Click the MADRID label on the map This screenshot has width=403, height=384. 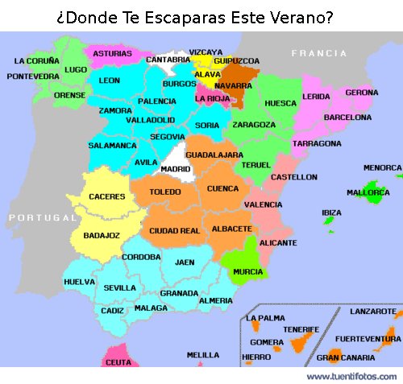pyautogui.click(x=175, y=169)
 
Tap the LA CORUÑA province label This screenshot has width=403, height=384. pyautogui.click(x=37, y=60)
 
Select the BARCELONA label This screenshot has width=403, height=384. pyautogui.click(x=347, y=118)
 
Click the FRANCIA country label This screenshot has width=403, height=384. pyautogui.click(x=319, y=53)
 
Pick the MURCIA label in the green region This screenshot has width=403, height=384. pyautogui.click(x=247, y=272)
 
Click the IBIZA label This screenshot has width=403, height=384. pyautogui.click(x=331, y=213)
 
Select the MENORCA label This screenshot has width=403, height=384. pyautogui.click(x=382, y=167)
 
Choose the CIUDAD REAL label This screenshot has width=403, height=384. pyautogui.click(x=174, y=231)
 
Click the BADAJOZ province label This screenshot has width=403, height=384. pyautogui.click(x=102, y=235)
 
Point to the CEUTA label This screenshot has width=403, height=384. pyautogui.click(x=118, y=362)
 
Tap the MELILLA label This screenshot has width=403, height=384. pyautogui.click(x=202, y=354)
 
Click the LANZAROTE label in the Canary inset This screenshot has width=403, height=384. pyautogui.click(x=372, y=311)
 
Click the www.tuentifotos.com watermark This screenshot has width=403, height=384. pyautogui.click(x=351, y=376)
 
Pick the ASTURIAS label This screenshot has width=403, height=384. pyautogui.click(x=112, y=54)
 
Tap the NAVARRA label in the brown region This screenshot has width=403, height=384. pyautogui.click(x=233, y=85)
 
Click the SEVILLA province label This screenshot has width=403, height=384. pyautogui.click(x=119, y=287)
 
